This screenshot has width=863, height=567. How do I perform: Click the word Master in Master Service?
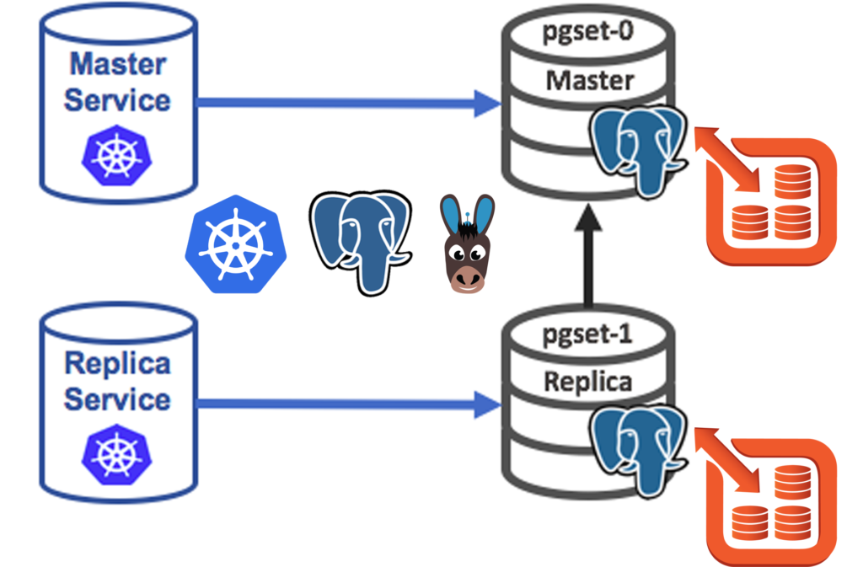117,63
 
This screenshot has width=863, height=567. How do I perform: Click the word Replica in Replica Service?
117,364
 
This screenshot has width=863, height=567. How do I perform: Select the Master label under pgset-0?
589,80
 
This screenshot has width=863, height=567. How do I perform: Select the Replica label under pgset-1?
587,381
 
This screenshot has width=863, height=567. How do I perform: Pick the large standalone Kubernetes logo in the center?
236,244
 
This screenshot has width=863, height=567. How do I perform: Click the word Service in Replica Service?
117,399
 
